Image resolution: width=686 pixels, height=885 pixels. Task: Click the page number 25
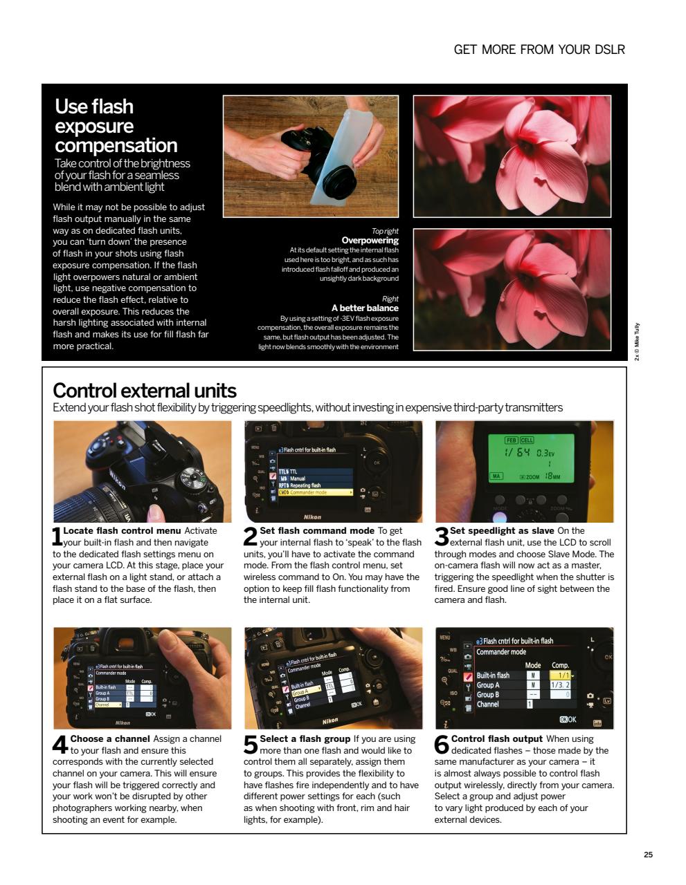pyautogui.click(x=648, y=855)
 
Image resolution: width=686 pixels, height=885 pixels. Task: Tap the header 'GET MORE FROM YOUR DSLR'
pyautogui.click(x=539, y=50)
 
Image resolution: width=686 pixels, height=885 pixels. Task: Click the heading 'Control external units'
pyautogui.click(x=145, y=391)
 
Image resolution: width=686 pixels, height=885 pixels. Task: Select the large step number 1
pyautogui.click(x=57, y=536)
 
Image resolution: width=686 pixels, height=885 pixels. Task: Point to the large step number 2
pyautogui.click(x=251, y=536)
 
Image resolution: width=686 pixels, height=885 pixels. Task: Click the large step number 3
pyautogui.click(x=442, y=536)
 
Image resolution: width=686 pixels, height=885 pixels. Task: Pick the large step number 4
pyautogui.click(x=60, y=744)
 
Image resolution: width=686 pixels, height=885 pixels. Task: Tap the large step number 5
pyautogui.click(x=251, y=744)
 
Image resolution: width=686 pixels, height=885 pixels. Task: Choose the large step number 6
pyautogui.click(x=442, y=744)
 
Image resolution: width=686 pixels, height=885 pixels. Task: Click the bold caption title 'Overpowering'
pyautogui.click(x=370, y=241)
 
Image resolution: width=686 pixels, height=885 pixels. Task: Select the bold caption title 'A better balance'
pyautogui.click(x=365, y=308)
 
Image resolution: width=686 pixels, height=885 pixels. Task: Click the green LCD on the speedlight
pyautogui.click(x=531, y=458)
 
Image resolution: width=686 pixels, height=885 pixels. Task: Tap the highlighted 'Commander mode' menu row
pyautogui.click(x=315, y=492)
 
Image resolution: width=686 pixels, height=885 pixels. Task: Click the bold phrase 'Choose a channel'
pyautogui.click(x=110, y=739)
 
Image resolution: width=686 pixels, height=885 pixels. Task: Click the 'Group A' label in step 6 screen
pyautogui.click(x=488, y=685)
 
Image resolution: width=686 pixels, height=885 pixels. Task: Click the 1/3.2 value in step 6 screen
pyautogui.click(x=559, y=685)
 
